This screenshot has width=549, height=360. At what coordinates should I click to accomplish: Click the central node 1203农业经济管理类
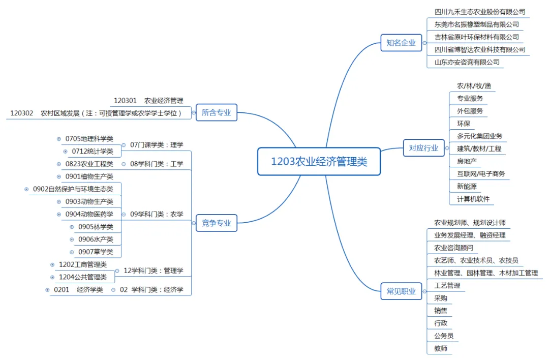pos(319,162)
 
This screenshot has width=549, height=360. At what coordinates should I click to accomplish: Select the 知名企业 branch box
pos(401,43)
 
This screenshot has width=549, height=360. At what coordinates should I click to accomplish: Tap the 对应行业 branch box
pos(423,148)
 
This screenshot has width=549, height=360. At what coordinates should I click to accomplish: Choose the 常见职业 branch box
pos(401,291)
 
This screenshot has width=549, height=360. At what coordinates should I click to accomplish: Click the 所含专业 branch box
pos(216,113)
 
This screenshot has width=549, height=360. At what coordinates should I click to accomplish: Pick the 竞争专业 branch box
pos(216,223)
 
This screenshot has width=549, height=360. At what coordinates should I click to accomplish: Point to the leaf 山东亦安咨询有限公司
pos(467,63)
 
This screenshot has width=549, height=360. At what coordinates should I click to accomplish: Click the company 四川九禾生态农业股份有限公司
pos(480,12)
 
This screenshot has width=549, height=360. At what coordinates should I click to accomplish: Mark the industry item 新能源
pos(467,186)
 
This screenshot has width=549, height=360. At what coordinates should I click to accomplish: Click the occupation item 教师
pos(441,348)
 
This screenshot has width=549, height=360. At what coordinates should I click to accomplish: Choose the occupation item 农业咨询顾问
pos(453,248)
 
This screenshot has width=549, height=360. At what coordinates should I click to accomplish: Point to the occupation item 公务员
pos(444,336)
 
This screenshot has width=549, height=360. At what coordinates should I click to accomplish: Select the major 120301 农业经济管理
pos(148,101)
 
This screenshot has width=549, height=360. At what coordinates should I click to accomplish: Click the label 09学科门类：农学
pos(157,214)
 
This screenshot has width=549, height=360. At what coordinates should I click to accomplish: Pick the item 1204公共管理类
pos(83,277)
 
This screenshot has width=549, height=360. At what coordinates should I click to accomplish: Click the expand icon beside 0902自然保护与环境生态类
pos(27,189)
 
